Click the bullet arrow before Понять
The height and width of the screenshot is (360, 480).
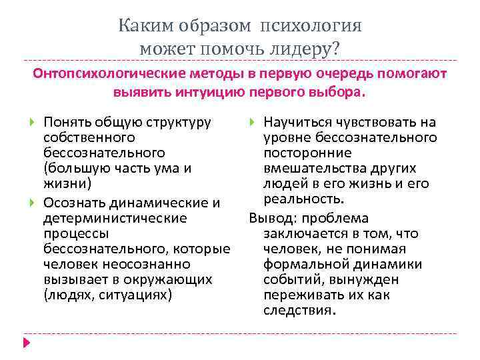coord(33,122)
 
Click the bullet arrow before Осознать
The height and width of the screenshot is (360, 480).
coord(33,203)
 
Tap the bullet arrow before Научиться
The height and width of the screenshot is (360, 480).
coord(252,122)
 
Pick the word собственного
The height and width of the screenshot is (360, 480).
coord(89,137)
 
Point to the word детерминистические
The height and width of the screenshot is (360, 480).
coord(115,218)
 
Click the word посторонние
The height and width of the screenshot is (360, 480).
coord(305,153)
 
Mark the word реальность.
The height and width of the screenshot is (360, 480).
coord(304,199)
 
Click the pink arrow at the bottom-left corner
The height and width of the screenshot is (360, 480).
coord(27,342)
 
